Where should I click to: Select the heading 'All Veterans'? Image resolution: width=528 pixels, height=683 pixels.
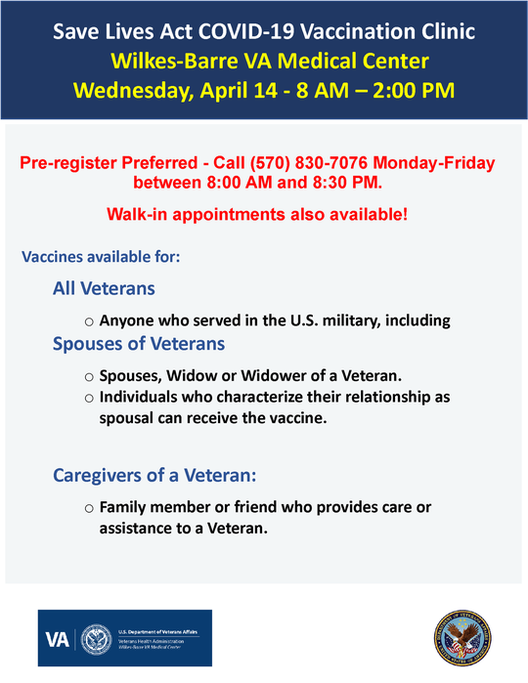[104, 289]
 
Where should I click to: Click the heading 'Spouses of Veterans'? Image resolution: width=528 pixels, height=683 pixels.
[139, 344]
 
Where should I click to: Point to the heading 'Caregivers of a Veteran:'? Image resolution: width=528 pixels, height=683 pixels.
[154, 476]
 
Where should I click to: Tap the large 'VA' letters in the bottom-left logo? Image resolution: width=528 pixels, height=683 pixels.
[57, 639]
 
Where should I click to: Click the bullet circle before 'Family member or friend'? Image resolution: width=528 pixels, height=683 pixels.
[89, 509]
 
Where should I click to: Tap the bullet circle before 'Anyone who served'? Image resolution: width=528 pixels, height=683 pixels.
[89, 321]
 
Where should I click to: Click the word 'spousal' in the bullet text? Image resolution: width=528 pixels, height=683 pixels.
[131, 418]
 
